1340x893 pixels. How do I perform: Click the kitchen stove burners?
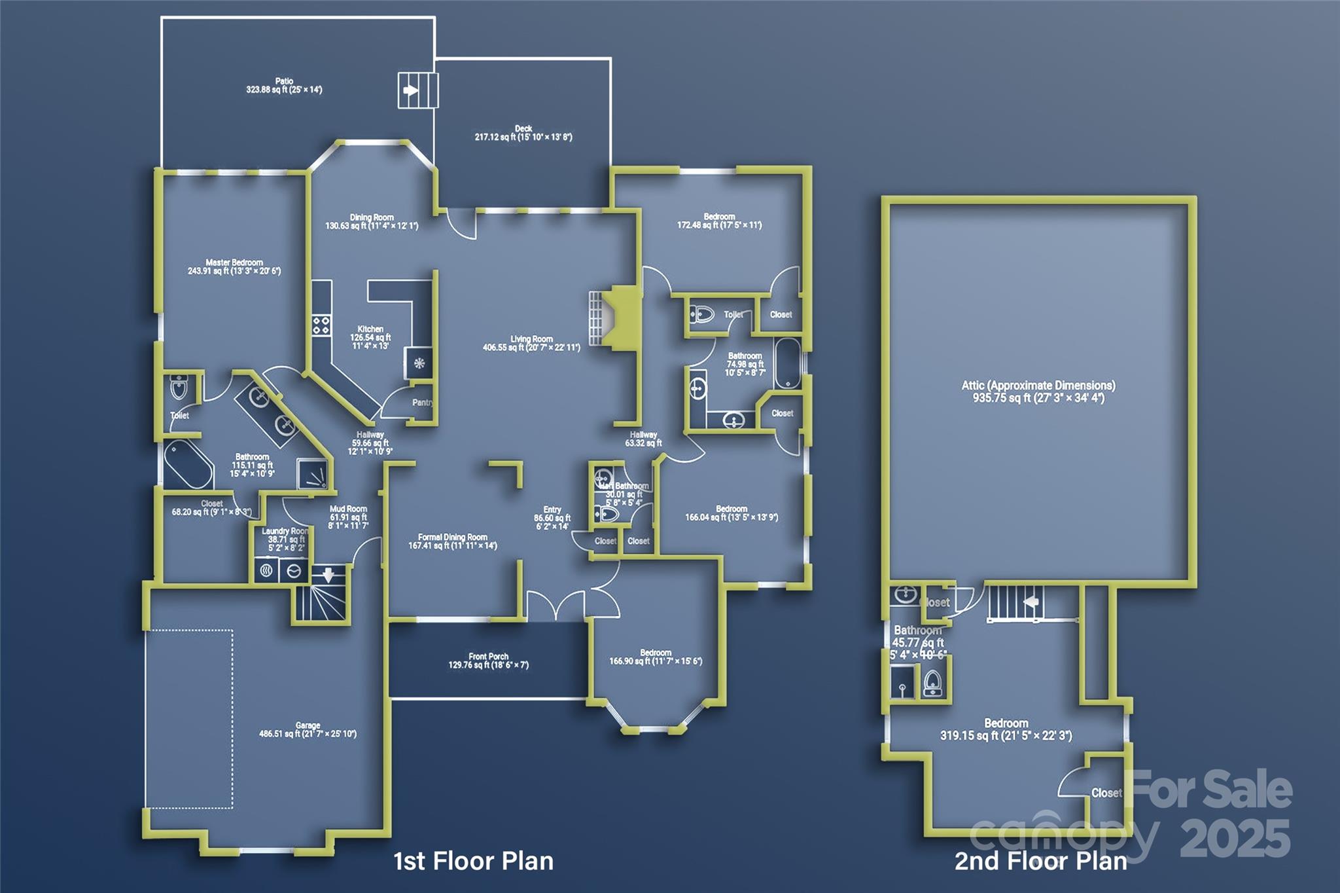coord(321,325)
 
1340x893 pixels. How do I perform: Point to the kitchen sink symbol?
coord(419,364)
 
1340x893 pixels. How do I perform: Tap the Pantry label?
coord(422,403)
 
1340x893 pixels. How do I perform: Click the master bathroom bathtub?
coord(188,464)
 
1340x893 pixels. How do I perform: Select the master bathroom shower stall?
coord(313,473)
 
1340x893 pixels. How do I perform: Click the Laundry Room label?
coord(285,532)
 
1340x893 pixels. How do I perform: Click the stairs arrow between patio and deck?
coord(410,90)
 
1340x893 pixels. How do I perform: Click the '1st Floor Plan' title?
coord(473,861)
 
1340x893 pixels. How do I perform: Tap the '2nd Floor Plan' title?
coord(1040,861)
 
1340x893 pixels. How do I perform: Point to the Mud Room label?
coord(348,509)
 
